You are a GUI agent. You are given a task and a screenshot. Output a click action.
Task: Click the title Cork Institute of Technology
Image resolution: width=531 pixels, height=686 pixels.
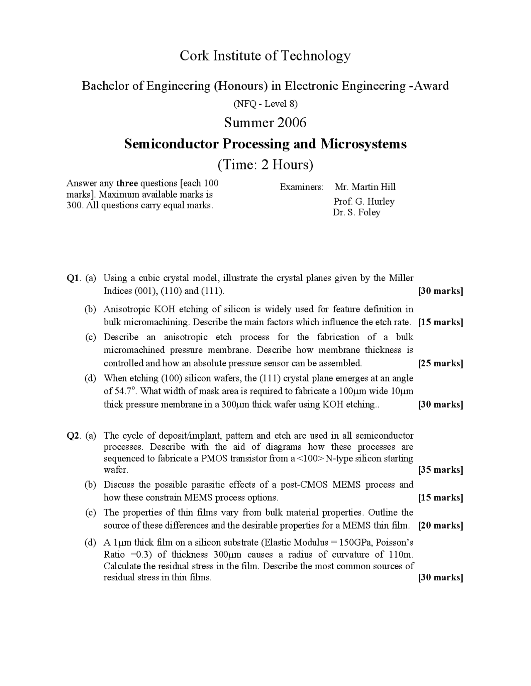(x=265, y=56)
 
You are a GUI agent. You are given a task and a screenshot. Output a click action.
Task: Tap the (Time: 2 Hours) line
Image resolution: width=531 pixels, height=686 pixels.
(x=265, y=165)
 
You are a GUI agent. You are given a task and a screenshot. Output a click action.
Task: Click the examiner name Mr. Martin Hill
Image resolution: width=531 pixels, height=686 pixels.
(x=365, y=187)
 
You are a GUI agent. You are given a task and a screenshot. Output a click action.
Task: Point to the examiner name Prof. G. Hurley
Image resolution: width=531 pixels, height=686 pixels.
(x=364, y=202)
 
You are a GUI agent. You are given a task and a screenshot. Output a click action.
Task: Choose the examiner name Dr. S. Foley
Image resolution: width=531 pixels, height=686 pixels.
(x=356, y=213)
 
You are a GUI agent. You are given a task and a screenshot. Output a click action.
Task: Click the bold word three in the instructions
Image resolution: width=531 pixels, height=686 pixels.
(x=127, y=183)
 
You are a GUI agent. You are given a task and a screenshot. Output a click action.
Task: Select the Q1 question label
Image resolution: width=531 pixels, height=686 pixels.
(x=73, y=278)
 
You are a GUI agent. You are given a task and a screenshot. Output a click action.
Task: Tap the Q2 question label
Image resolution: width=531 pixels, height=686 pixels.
(x=73, y=436)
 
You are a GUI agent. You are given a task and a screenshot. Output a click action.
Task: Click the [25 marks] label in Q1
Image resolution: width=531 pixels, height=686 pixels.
(x=441, y=364)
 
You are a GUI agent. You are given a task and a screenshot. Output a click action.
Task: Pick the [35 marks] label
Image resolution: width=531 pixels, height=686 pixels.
(x=441, y=470)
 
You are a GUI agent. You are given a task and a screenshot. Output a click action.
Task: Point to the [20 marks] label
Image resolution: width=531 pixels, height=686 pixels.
(x=441, y=526)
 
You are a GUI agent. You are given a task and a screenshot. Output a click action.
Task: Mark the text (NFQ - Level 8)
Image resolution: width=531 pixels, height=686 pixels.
(x=265, y=104)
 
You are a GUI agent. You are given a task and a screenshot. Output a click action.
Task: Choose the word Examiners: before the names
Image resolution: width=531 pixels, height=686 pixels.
(x=302, y=187)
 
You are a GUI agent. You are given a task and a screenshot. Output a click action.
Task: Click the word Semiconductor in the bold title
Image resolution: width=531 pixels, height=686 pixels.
(x=171, y=144)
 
